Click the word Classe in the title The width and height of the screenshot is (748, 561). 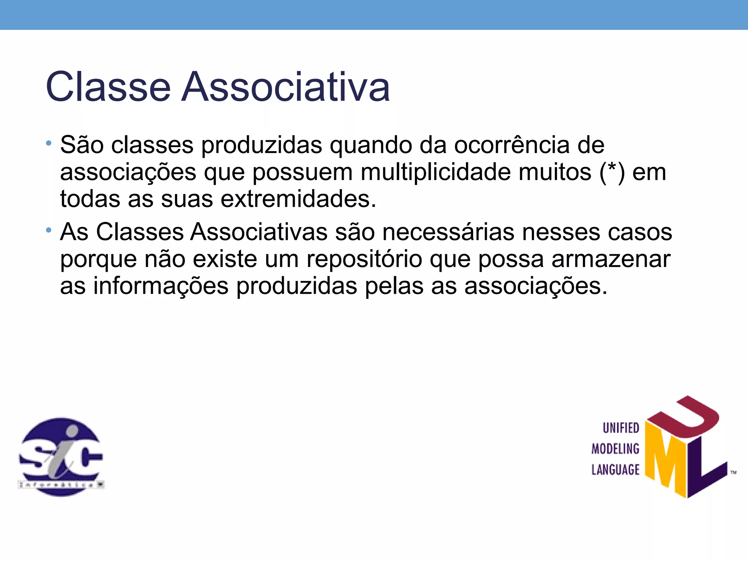[x=108, y=87]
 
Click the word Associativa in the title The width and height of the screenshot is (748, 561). [x=286, y=87]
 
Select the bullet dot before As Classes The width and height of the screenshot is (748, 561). [x=49, y=230]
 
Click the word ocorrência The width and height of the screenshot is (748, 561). [x=511, y=145]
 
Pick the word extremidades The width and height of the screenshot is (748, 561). [x=298, y=199]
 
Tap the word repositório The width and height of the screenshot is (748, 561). [x=364, y=259]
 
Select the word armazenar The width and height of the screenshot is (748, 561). [x=611, y=259]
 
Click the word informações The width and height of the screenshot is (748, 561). [x=161, y=286]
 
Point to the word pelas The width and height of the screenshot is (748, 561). [x=394, y=286]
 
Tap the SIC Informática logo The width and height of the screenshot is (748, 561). [x=61, y=457]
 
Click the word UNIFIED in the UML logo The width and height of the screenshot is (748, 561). [x=621, y=428]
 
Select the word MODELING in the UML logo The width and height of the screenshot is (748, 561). [x=615, y=449]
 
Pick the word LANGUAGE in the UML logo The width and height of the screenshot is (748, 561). [x=615, y=470]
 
